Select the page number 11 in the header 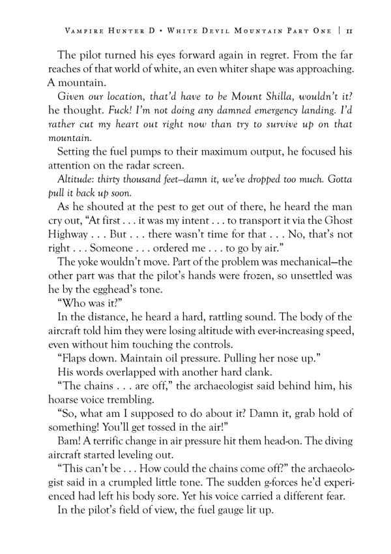pyautogui.click(x=349, y=31)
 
